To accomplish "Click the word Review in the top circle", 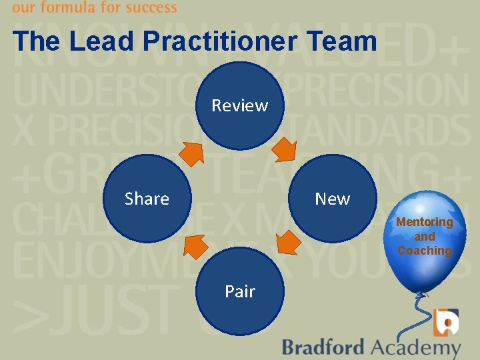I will click(x=240, y=105).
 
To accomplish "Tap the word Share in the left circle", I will click(x=147, y=199).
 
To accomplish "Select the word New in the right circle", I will click(x=332, y=199).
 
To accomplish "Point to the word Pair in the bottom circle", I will click(x=240, y=291).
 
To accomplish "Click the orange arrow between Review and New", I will click(x=287, y=150).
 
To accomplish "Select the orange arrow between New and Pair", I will click(x=288, y=243).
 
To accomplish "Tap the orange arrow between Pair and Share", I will click(x=194, y=246).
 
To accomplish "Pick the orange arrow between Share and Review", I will click(x=193, y=154).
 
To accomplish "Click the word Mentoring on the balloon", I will click(x=425, y=222).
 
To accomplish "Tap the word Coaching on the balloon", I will click(x=425, y=251).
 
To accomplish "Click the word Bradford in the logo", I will click(x=323, y=347).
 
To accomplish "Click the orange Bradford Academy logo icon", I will click(x=445, y=323).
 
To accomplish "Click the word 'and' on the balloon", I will click(x=425, y=237).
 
